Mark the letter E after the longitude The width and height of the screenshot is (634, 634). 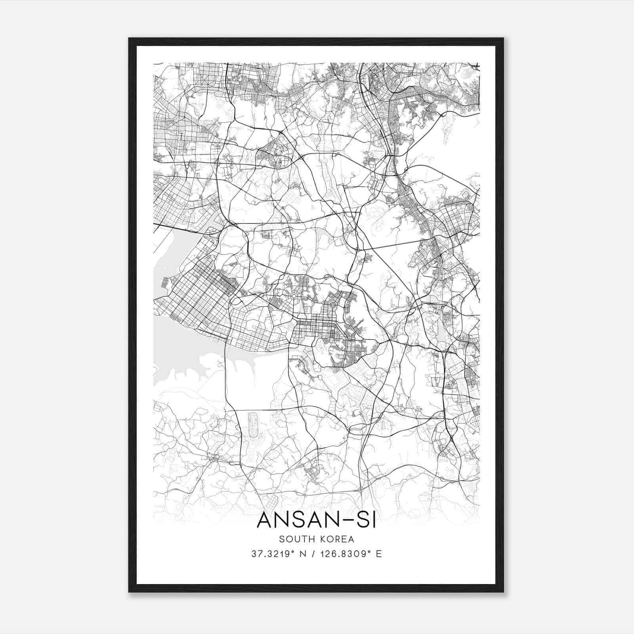click(379, 554)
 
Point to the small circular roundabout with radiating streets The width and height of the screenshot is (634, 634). click(294, 296)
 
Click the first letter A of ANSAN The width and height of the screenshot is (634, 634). click(265, 520)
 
